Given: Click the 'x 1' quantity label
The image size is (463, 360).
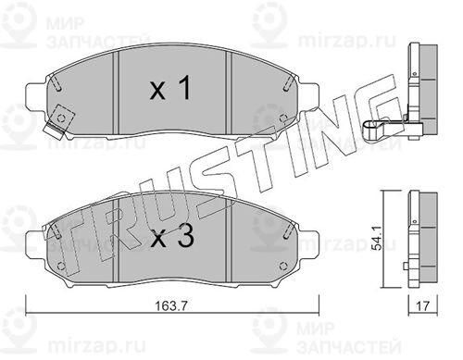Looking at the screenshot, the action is tap(169, 88).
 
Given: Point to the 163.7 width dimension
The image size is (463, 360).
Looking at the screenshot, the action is tap(171, 306).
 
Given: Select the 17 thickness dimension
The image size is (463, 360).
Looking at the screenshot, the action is tap(423, 306).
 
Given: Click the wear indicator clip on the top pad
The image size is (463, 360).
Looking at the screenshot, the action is tap(58, 122).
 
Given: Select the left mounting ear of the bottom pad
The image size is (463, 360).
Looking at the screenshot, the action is tap(35, 242).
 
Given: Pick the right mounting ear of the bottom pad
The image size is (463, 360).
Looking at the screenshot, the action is tap(308, 242).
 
